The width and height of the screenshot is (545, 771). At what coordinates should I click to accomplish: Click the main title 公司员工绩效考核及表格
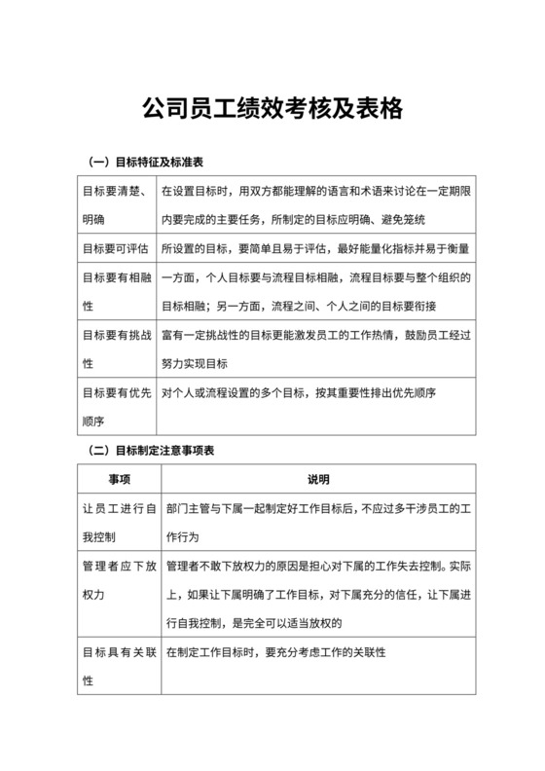click(x=272, y=107)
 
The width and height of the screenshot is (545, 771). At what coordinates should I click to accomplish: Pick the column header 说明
click(x=318, y=480)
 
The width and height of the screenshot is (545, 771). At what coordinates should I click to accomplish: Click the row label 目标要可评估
click(x=113, y=248)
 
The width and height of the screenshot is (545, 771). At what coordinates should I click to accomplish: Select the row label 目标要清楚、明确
click(x=113, y=205)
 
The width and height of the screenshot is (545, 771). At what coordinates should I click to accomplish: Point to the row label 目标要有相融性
click(x=113, y=292)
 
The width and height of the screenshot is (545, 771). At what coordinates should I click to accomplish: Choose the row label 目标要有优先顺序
click(x=113, y=407)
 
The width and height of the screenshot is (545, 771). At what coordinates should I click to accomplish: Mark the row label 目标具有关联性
click(x=113, y=665)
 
